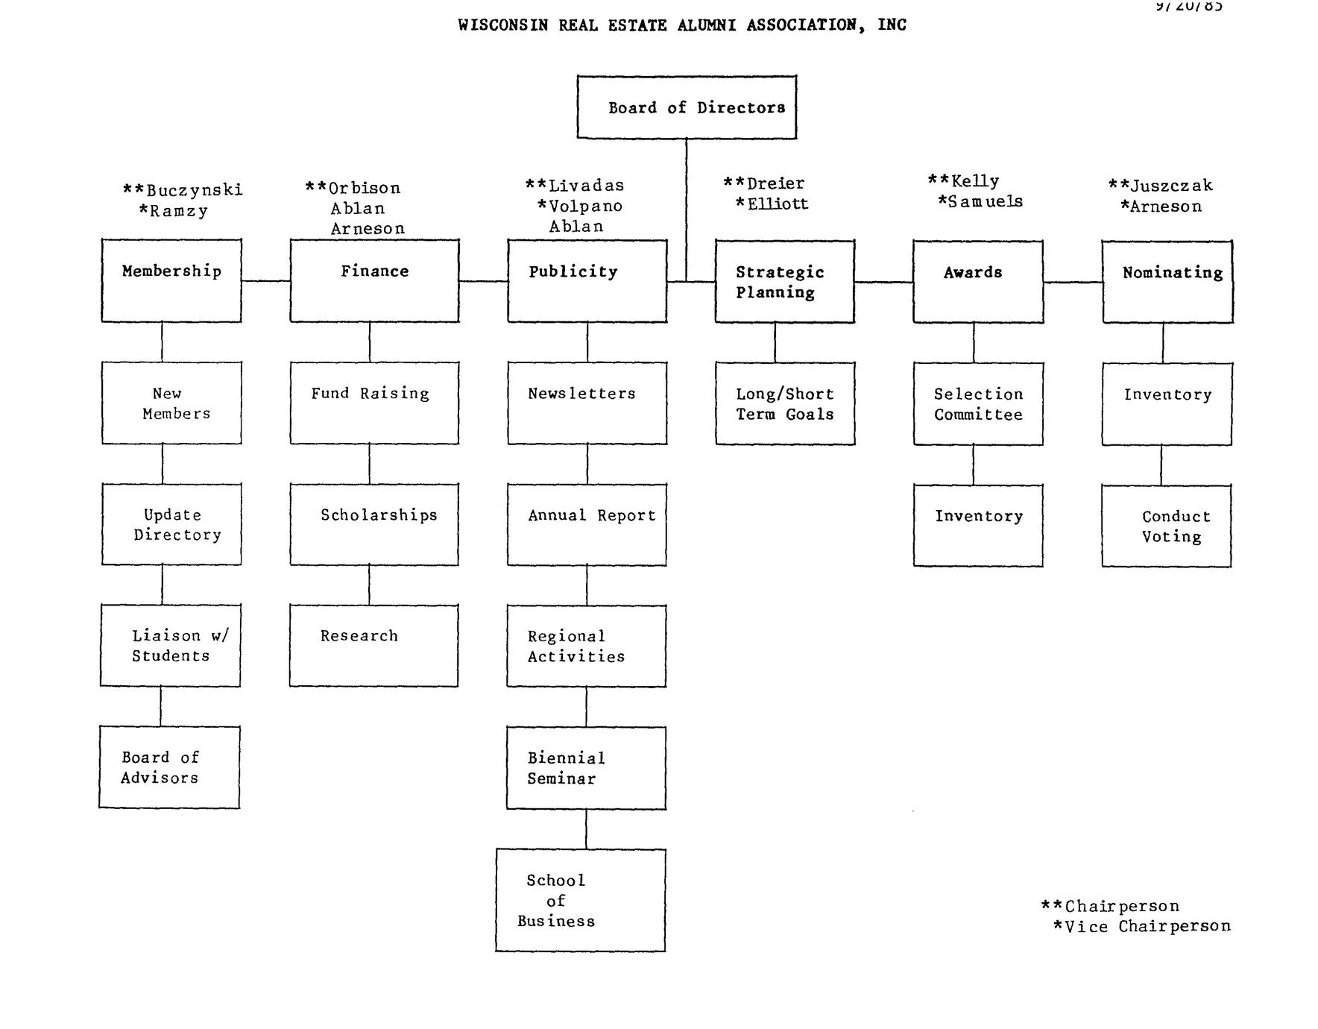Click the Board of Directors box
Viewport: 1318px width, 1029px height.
(x=687, y=107)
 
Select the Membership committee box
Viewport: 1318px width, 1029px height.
(x=171, y=280)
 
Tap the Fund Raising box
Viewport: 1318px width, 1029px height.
(x=374, y=403)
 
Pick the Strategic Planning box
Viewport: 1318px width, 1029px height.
(x=784, y=282)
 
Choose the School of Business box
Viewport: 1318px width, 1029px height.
(x=581, y=900)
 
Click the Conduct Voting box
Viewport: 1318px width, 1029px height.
(x=1167, y=526)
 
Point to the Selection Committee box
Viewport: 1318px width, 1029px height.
(x=978, y=404)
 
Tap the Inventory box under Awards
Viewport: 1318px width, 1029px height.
(x=978, y=526)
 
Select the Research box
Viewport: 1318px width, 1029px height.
(x=373, y=646)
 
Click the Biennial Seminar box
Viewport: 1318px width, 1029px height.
(x=586, y=768)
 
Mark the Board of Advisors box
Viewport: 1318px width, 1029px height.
(x=169, y=767)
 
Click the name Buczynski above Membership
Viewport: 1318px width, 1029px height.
(x=194, y=191)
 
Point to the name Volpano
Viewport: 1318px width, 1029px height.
(x=585, y=207)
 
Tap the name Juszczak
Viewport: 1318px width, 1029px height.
(x=1171, y=186)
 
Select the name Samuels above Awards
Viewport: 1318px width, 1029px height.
(x=985, y=201)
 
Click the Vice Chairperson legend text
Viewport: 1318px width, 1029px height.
(x=1147, y=927)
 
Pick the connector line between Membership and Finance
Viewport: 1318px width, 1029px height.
(x=265, y=281)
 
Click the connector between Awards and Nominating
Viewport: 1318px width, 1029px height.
(x=1073, y=282)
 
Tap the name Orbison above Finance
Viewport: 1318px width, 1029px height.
(x=364, y=189)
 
